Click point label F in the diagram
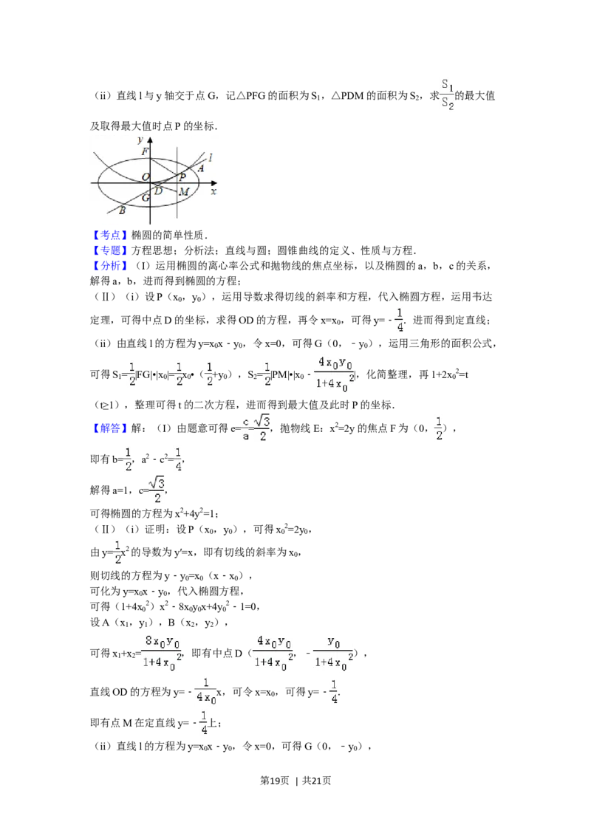pos(145,151)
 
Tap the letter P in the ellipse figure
pos(182,177)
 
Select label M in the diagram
pos(184,191)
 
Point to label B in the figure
pos(122,210)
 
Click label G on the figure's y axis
pos(145,198)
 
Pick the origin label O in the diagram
pos(145,177)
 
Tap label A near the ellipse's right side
pos(200,168)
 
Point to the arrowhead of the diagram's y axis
pos(150,140)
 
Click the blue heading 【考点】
pos(110,235)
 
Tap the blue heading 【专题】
pos(110,250)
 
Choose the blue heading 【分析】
pos(110,266)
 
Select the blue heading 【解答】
pos(110,428)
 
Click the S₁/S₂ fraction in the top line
pos(448,95)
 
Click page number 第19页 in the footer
pos(274,781)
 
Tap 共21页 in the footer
pos(317,781)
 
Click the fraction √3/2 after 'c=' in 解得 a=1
pos(157,490)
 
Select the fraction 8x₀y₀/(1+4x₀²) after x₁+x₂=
pos(162,653)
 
